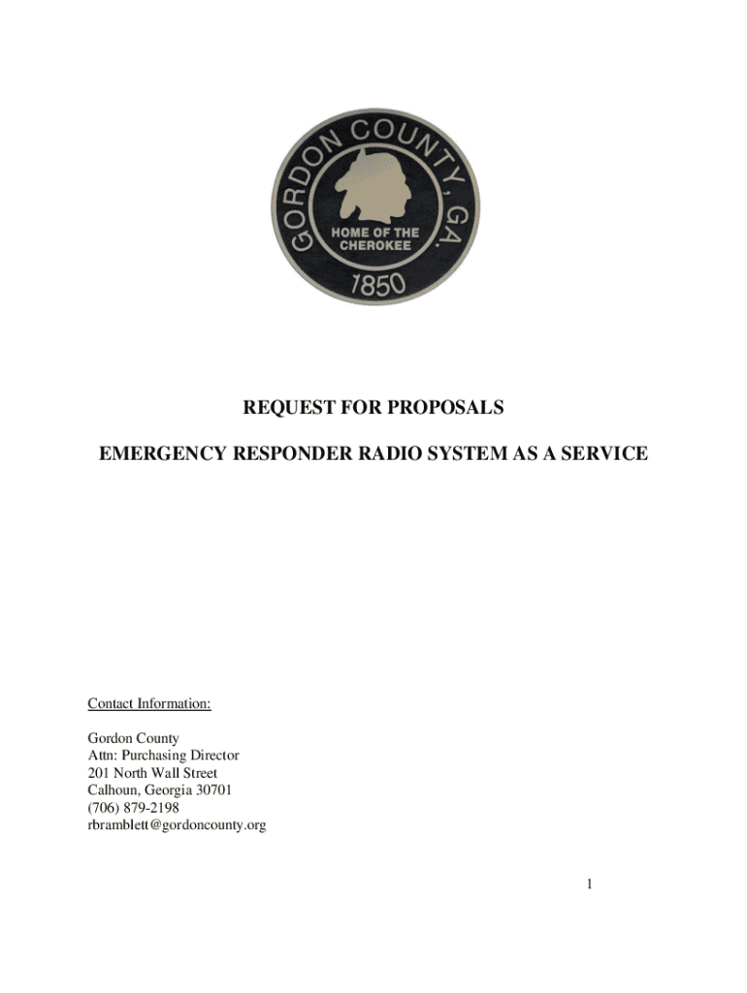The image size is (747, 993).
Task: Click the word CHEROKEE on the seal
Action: pyautogui.click(x=373, y=245)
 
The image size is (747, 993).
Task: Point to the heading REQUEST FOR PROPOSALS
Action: pyautogui.click(x=373, y=408)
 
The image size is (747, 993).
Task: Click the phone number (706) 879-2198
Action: pyautogui.click(x=133, y=808)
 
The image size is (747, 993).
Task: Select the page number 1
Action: pyautogui.click(x=590, y=884)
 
